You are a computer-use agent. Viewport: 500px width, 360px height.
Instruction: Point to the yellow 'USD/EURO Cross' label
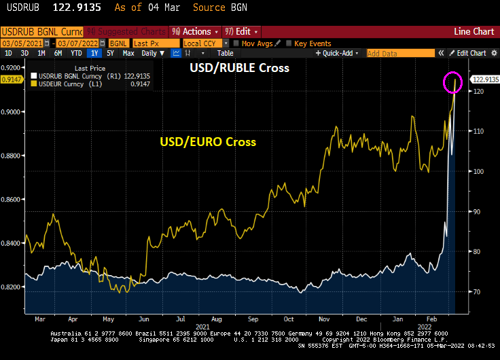pyautogui.click(x=208, y=142)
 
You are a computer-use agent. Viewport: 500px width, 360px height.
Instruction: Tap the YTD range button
pyautogui.click(x=77, y=53)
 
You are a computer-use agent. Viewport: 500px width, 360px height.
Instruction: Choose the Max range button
pyautogui.click(x=128, y=53)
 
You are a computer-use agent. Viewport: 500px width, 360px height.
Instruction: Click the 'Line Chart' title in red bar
pyautogui.click(x=474, y=31)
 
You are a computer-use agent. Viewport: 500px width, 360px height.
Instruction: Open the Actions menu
pyautogui.click(x=196, y=31)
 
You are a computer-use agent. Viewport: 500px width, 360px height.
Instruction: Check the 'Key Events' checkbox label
pyautogui.click(x=312, y=43)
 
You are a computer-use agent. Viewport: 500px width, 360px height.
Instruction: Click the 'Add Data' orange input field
pyautogui.click(x=399, y=53)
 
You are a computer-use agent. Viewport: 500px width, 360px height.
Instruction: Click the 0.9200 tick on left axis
pyautogui.click(x=12, y=68)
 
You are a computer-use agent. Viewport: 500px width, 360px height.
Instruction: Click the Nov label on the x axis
pyautogui.click(x=324, y=318)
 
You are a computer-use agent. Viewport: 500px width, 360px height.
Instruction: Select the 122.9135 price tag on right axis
pyautogui.click(x=481, y=80)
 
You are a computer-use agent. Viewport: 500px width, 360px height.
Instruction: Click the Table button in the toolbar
pyautogui.click(x=225, y=53)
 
